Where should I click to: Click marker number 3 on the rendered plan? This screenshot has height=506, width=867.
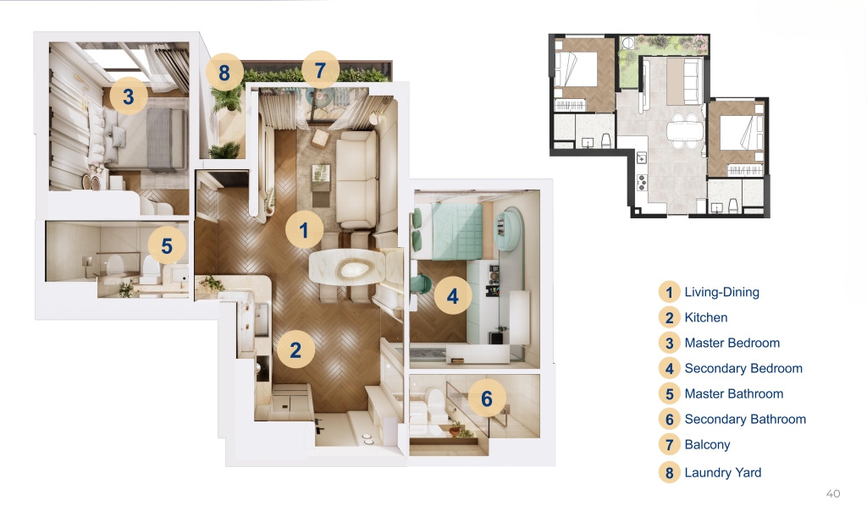[129, 96]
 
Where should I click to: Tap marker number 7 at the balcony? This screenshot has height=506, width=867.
[320, 70]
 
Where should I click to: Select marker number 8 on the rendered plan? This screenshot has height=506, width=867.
[224, 73]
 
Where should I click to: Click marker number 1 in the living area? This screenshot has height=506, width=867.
[304, 230]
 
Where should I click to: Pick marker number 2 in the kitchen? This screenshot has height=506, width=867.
[295, 349]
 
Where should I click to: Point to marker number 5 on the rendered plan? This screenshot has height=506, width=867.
[167, 246]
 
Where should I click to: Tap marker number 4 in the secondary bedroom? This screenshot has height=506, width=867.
[453, 296]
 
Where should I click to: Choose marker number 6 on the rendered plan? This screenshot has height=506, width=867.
[487, 399]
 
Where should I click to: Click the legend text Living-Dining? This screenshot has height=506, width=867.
[721, 292]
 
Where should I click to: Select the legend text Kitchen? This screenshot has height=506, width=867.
[706, 317]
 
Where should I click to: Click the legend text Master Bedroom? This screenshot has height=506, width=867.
[732, 343]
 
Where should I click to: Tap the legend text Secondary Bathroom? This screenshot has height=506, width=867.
[745, 420]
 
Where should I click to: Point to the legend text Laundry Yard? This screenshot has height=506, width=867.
[723, 473]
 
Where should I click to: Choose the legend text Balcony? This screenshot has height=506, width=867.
[707, 445]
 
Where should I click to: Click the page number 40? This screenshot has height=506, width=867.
[833, 494]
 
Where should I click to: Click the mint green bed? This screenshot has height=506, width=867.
[448, 231]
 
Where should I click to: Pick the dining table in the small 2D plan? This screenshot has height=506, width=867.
[684, 132]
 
